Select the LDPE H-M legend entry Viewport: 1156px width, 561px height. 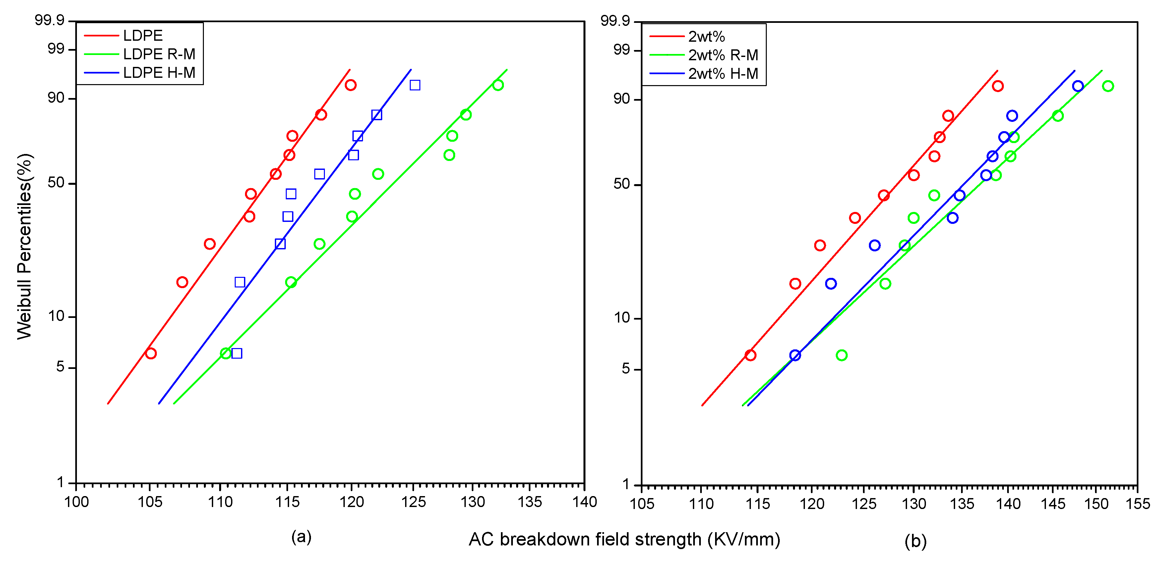coord(159,73)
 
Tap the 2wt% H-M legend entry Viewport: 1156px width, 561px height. coord(722,74)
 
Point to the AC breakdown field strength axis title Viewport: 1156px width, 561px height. coord(624,539)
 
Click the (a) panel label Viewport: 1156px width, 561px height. coord(301,536)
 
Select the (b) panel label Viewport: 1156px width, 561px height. coord(915,541)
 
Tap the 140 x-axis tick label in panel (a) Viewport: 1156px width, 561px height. coord(584,502)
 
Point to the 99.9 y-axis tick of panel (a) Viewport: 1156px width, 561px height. coord(49,20)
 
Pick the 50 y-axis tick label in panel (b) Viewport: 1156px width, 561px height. coord(622,184)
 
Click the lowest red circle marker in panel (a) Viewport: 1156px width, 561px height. coord(151,353)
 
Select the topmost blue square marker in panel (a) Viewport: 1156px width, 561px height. coord(415,85)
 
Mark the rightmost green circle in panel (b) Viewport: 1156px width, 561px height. coord(1108,86)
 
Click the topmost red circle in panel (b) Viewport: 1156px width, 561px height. coord(998,86)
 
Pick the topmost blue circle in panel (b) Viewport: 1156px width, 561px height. coord(1078,86)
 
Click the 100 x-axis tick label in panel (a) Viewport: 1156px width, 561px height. coord(77,502)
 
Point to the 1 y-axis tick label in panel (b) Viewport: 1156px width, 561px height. coord(627,484)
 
